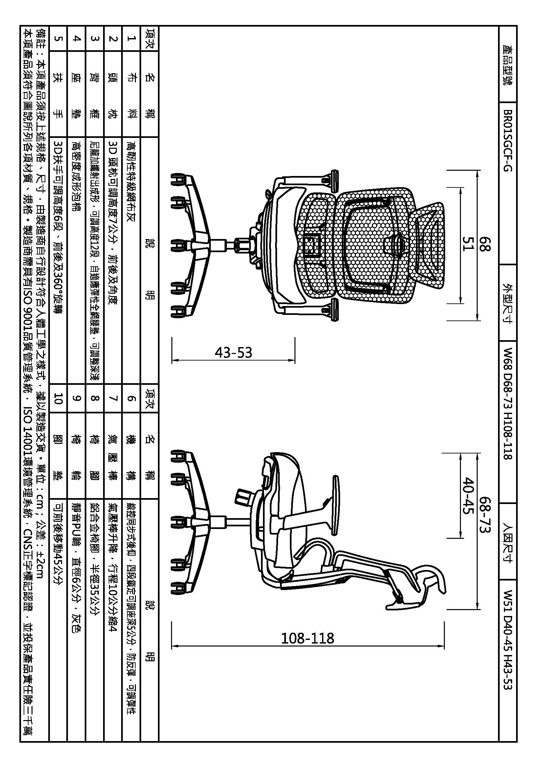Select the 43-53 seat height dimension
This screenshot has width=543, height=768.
pos(233,352)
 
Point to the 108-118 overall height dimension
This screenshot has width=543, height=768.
pos(307,638)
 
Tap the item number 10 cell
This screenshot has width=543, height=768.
pos(58,398)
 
